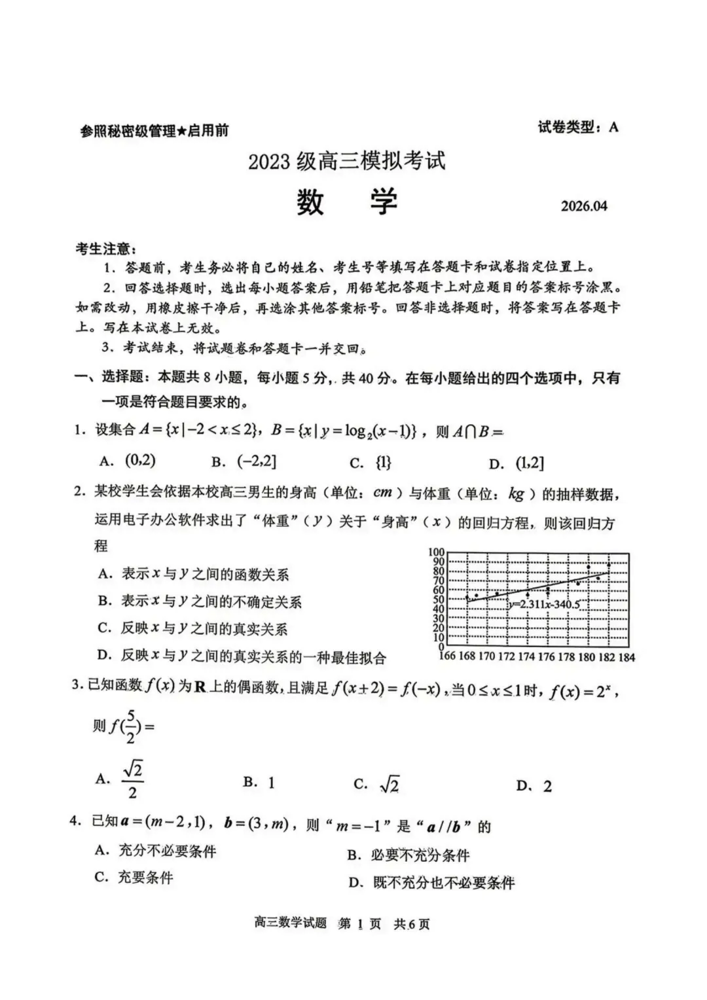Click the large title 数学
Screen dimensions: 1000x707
click(x=347, y=202)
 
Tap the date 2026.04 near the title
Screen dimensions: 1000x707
click(x=583, y=206)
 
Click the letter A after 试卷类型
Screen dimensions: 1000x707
click(x=613, y=127)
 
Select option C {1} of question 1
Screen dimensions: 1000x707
click(x=371, y=463)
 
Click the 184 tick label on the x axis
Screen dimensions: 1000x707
click(x=626, y=657)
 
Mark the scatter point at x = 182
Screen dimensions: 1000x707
click(x=609, y=565)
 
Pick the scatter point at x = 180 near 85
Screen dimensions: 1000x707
click(x=589, y=567)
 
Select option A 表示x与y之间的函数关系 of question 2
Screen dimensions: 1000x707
click(x=193, y=575)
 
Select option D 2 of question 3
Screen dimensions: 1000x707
click(x=534, y=786)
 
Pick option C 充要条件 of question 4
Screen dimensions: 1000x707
click(x=134, y=878)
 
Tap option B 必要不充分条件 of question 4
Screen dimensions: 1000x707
click(x=408, y=855)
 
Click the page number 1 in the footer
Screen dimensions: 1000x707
click(x=359, y=923)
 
